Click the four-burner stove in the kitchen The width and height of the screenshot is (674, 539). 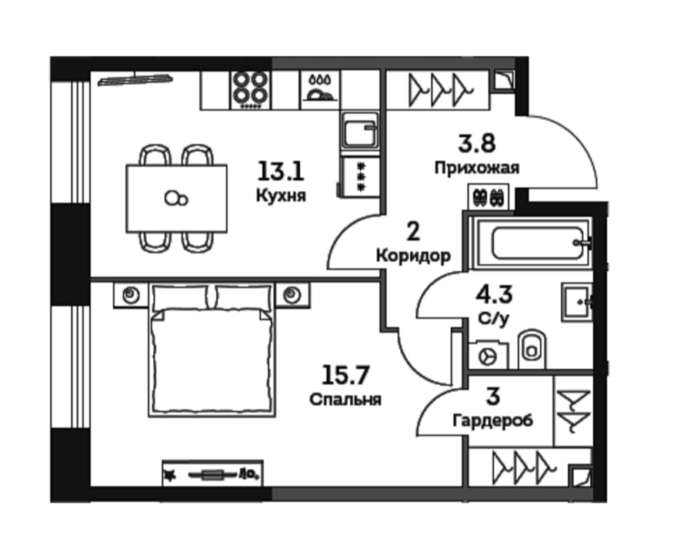point(251,90)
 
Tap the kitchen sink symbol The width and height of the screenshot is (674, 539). point(360,130)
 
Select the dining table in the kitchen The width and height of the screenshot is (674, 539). point(177,199)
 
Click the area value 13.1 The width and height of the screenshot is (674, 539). point(281,171)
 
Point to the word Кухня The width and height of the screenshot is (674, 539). point(281,196)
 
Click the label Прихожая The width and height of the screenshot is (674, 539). point(477,168)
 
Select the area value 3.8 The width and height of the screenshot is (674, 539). point(477,143)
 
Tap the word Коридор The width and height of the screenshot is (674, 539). point(413,256)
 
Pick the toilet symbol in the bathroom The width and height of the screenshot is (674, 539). point(532,349)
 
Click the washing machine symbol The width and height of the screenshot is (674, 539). point(488,356)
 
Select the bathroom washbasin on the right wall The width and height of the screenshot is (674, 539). point(577,303)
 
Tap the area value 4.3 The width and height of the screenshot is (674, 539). point(494,295)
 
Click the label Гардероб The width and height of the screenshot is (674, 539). point(493,420)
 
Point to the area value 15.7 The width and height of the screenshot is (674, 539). point(345,375)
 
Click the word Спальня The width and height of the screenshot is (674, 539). point(345,399)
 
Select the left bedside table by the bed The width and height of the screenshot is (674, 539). point(131,295)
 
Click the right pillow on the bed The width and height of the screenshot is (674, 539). point(243,297)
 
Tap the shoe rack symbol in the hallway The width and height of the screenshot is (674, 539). point(489,197)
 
